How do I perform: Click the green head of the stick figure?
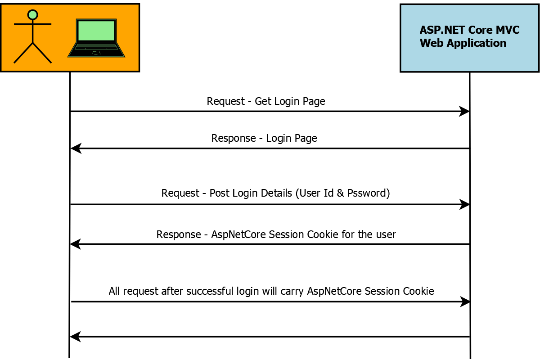click(x=32, y=15)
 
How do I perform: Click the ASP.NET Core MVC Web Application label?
click(x=469, y=36)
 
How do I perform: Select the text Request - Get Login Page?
click(x=266, y=101)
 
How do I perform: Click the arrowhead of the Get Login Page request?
click(x=465, y=111)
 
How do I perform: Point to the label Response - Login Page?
click(x=264, y=138)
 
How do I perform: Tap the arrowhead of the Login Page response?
click(x=76, y=148)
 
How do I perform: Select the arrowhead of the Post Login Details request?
click(x=465, y=205)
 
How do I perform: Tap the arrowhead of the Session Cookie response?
click(x=75, y=244)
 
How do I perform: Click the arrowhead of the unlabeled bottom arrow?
click(x=75, y=336)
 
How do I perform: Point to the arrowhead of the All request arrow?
click(x=465, y=302)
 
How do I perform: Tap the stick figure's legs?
click(x=32, y=53)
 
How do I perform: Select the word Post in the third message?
click(x=220, y=193)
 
